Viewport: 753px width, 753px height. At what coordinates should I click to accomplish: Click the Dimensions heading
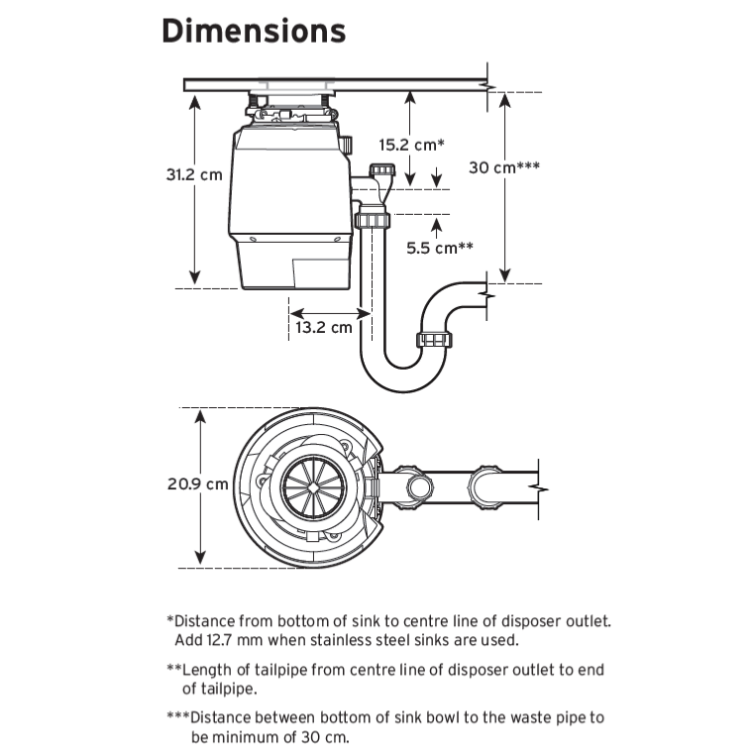(x=254, y=31)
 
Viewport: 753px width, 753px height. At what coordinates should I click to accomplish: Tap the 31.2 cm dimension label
(x=194, y=174)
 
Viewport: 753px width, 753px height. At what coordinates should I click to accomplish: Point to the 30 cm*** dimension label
(x=503, y=167)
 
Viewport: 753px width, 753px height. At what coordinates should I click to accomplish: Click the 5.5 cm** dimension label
(x=440, y=248)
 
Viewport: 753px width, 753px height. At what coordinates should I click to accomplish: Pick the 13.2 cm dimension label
(x=324, y=327)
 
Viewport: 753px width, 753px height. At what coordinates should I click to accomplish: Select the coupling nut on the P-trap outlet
(x=434, y=342)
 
